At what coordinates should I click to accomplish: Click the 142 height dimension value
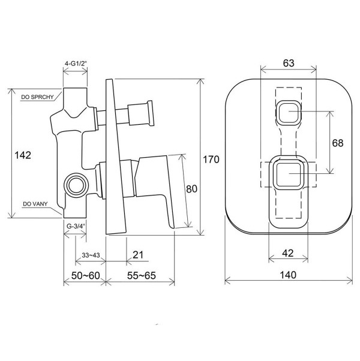23,155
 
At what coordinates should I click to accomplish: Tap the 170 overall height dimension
211,160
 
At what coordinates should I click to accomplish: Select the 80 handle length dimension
191,189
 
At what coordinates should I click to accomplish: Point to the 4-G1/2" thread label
76,64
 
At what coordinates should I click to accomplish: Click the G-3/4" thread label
76,226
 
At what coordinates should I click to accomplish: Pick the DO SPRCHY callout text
37,97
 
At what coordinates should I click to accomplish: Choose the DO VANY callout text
35,204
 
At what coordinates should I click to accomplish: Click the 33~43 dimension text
91,255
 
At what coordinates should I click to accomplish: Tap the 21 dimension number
138,255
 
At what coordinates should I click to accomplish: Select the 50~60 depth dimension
85,275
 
